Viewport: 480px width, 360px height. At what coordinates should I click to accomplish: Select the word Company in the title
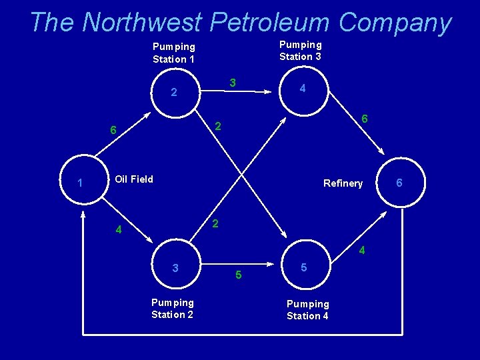[x=394, y=23]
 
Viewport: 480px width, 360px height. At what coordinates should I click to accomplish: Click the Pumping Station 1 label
[x=174, y=53]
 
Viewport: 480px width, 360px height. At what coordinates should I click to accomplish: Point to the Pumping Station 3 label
[x=300, y=51]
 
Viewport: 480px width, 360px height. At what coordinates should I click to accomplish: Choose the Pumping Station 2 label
[x=172, y=309]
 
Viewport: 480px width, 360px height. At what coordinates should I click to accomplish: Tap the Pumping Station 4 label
[x=307, y=310]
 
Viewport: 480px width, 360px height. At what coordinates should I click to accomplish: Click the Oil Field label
[x=134, y=179]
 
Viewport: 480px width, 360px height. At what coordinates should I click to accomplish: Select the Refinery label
[x=343, y=183]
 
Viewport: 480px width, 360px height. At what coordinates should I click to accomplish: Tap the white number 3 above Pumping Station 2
[x=175, y=268]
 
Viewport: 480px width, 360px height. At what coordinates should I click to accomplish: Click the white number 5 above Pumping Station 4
[x=303, y=267]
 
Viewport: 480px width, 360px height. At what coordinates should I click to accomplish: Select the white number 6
[x=113, y=131]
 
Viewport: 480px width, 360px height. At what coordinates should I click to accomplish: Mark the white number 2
[x=173, y=93]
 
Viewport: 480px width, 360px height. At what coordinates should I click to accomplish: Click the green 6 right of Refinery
[x=399, y=182]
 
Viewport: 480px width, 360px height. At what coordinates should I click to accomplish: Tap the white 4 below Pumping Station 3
[x=303, y=89]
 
